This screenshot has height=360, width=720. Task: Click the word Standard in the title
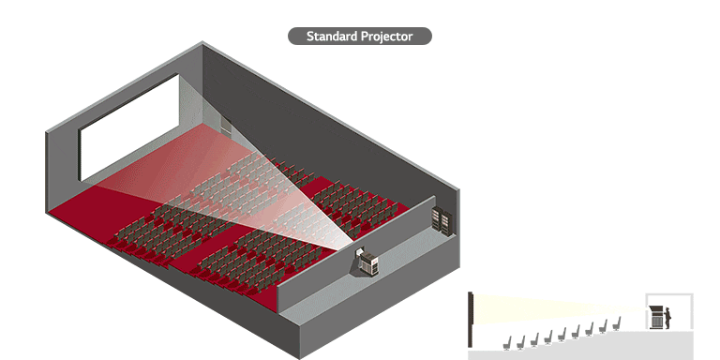tap(332, 37)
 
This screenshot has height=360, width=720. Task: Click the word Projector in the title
tap(386, 37)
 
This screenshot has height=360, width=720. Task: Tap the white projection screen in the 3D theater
tap(129, 127)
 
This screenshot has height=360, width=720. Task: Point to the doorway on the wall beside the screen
tap(226, 127)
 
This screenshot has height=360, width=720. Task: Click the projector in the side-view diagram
tap(657, 316)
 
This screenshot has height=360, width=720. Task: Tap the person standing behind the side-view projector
tap(668, 317)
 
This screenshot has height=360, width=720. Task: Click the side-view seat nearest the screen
tap(508, 341)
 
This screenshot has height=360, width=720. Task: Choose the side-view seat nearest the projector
tap(617, 324)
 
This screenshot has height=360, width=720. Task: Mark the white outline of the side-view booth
tap(668, 295)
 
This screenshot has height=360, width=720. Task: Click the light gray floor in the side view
tap(581, 353)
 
